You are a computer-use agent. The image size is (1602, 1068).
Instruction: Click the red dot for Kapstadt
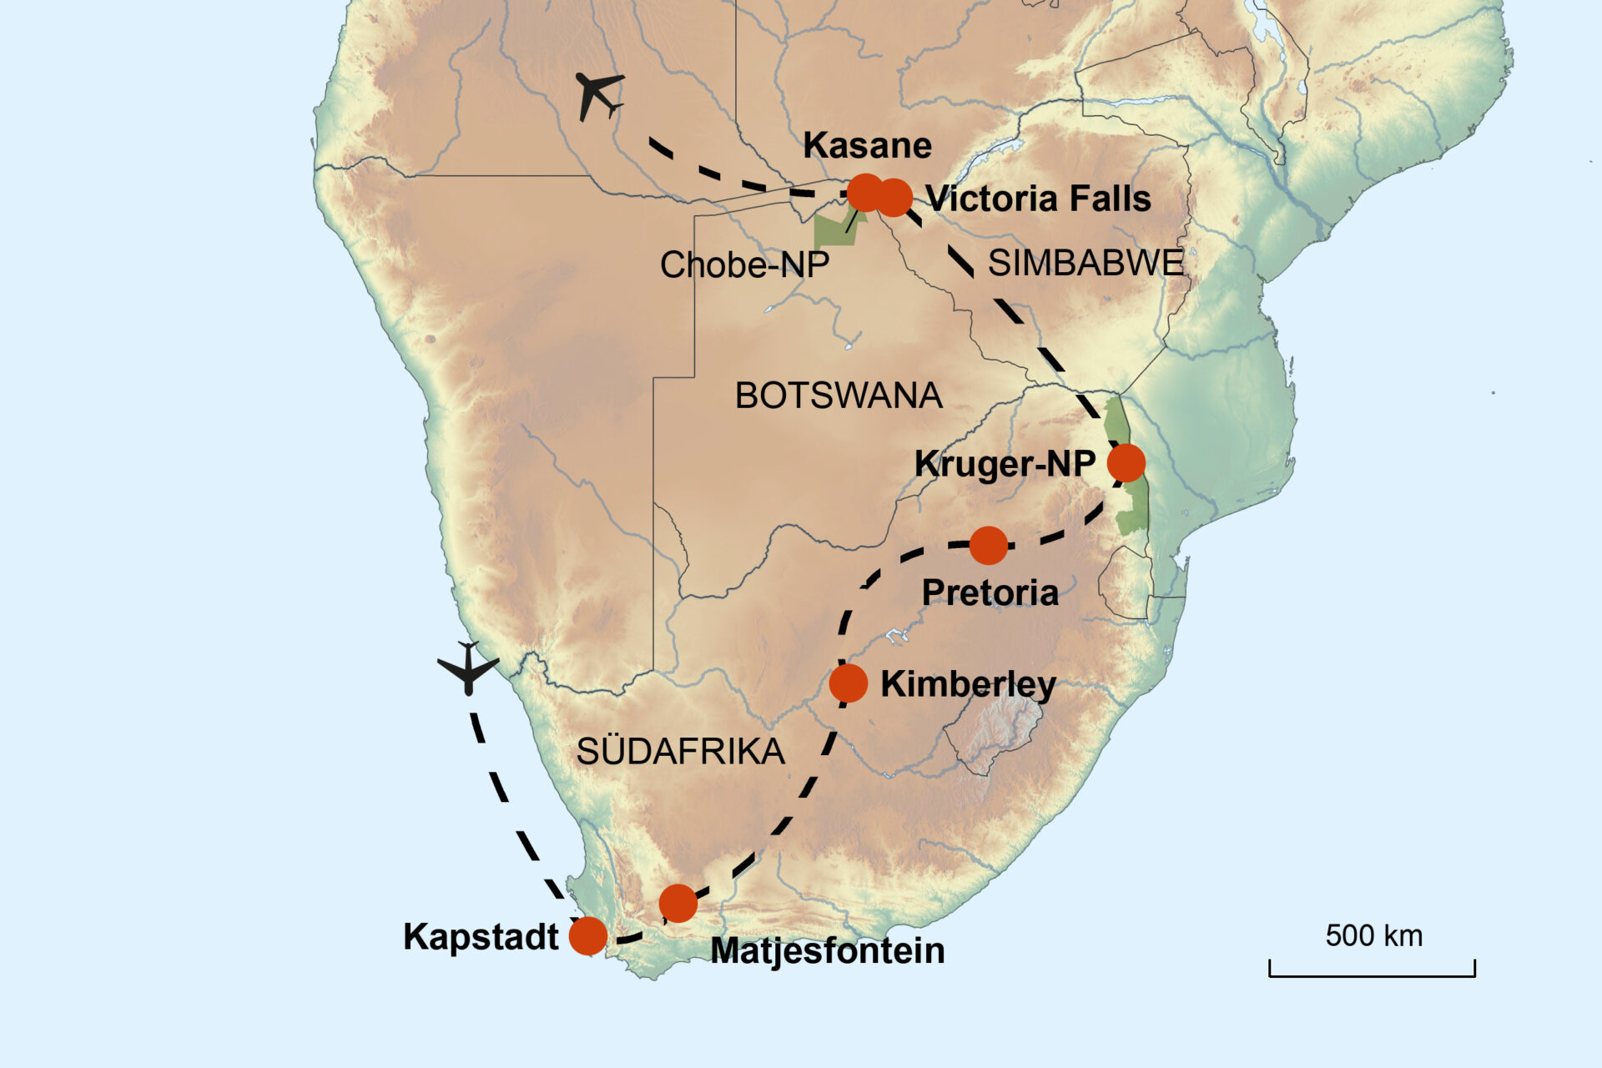587,935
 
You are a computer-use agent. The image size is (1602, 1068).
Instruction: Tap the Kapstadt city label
480,937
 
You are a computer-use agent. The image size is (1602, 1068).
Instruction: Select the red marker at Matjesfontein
678,903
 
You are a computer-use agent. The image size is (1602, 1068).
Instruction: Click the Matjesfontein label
827,951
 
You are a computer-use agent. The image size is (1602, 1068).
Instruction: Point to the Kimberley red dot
848,683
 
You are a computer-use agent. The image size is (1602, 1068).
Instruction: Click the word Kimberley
968,684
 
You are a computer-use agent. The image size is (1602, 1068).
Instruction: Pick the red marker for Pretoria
988,546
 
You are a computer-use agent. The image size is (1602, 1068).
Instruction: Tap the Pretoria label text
990,593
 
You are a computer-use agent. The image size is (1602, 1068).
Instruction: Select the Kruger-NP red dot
1126,462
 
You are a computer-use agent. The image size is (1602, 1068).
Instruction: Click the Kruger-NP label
1005,464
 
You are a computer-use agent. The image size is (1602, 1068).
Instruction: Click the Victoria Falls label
1038,199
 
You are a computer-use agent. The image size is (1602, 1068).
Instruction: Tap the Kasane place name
867,146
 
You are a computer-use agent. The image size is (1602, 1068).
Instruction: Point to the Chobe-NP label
744,265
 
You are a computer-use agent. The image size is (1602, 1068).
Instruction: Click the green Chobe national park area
834,230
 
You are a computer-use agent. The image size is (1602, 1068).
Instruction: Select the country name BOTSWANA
838,395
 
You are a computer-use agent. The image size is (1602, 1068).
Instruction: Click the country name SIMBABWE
1086,264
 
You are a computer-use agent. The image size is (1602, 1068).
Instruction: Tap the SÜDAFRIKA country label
680,753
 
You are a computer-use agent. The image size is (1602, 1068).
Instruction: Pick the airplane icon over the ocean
468,667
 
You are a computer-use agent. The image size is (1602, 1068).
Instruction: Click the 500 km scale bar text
1373,936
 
